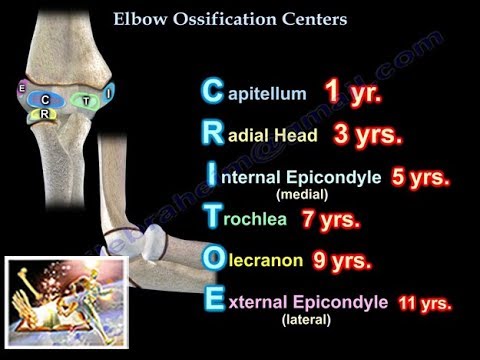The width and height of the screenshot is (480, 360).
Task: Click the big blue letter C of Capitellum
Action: click(x=212, y=93)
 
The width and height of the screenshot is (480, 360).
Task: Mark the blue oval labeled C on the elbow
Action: click(x=45, y=100)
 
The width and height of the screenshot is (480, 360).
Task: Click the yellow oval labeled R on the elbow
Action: click(x=42, y=113)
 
